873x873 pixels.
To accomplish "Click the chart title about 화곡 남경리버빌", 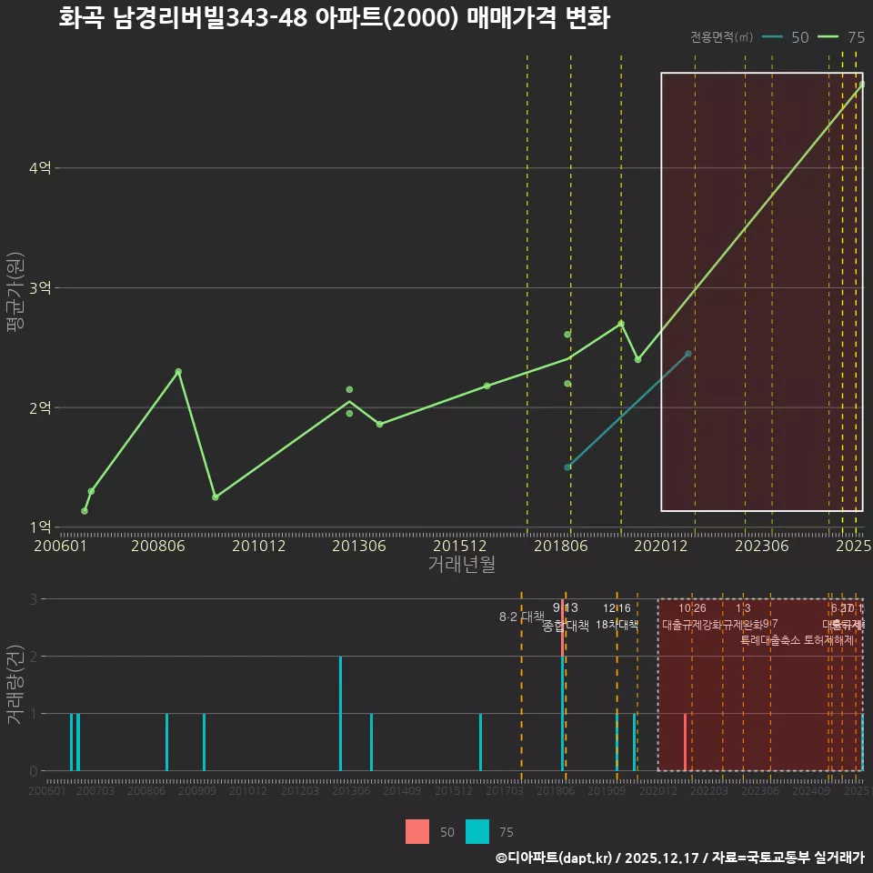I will click(x=333, y=18).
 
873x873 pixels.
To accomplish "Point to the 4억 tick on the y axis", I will click(x=41, y=168).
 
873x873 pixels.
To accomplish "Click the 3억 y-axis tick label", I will click(x=41, y=288).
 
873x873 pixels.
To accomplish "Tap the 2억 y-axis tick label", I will click(x=41, y=407).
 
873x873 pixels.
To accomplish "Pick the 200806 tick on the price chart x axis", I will click(x=158, y=546).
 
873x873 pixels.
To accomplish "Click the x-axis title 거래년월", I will click(x=461, y=565).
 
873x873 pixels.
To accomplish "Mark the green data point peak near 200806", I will click(x=178, y=371).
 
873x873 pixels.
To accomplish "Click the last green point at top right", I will click(x=861, y=85).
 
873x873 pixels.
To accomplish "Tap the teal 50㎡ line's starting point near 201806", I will click(x=567, y=467).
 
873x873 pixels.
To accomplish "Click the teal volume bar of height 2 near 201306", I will click(x=340, y=714).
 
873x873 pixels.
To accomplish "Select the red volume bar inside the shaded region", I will click(x=685, y=742).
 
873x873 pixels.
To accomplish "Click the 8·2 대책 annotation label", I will click(x=521, y=617).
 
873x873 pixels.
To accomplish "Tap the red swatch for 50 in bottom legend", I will click(x=417, y=831).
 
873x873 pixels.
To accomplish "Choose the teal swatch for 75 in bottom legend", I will click(x=477, y=831).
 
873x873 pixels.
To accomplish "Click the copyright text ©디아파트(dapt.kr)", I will click(x=554, y=858).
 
